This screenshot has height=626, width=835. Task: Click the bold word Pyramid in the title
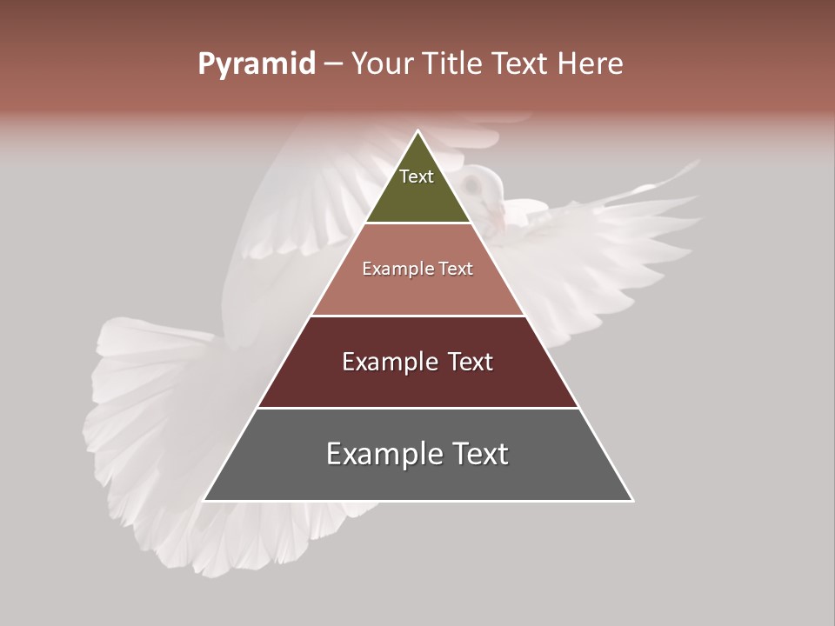257,64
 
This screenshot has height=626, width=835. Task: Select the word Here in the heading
590,63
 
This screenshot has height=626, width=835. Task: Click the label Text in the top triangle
417,176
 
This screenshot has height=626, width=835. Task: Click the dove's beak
495,212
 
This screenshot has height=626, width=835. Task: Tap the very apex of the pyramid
418,131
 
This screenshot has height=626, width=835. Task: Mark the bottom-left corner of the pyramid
204,500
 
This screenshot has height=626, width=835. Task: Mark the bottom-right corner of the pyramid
632,500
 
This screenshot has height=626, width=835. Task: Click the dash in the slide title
333,64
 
